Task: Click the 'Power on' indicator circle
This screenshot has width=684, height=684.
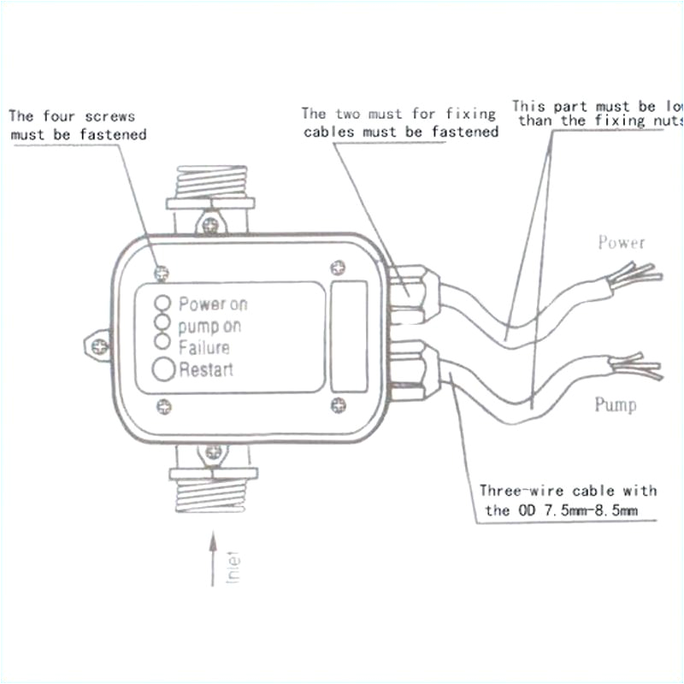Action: point(161,303)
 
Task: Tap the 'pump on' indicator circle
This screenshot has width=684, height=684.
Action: point(161,321)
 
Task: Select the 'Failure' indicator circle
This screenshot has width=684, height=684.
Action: point(161,341)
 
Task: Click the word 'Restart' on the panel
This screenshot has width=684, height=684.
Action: point(205,370)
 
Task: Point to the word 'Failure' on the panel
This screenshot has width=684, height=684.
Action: point(203,348)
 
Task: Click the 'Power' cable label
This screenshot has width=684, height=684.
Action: point(621,243)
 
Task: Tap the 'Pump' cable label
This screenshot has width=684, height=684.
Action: point(616,404)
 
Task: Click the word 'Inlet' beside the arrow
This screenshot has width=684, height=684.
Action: point(233,567)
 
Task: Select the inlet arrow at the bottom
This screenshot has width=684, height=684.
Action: point(212,560)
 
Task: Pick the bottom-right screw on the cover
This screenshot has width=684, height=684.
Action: point(339,404)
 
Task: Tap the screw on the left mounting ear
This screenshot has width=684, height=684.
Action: point(99,345)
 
